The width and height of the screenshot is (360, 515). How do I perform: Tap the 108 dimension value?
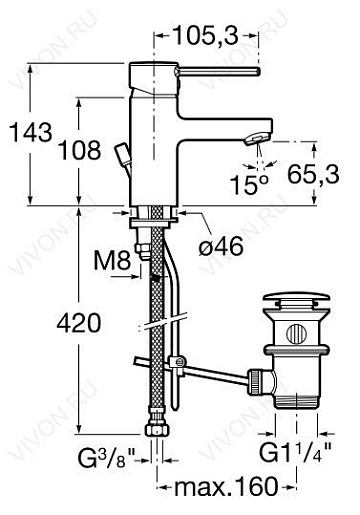tap(79, 150)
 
